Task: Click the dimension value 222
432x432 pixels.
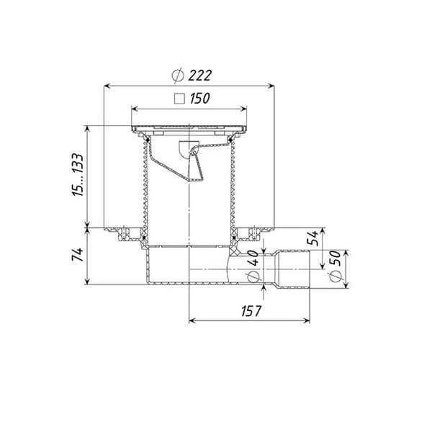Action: click(200, 76)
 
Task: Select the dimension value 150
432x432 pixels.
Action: click(200, 99)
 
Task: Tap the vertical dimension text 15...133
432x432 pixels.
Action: click(78, 174)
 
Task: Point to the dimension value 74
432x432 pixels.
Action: click(78, 254)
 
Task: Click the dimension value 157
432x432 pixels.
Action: click(251, 311)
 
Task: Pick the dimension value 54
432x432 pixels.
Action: click(313, 238)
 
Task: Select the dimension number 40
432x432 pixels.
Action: click(253, 258)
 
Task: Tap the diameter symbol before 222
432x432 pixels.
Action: click(178, 75)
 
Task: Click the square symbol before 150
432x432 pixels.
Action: click(179, 99)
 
